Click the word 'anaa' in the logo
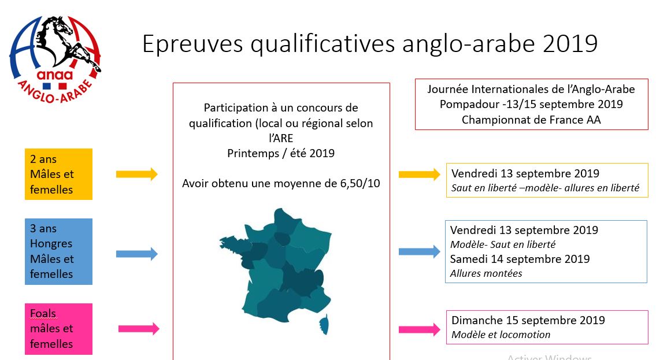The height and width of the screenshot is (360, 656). [54, 75]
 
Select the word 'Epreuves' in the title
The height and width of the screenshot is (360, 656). [192, 44]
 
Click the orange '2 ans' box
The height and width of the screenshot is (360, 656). [58, 174]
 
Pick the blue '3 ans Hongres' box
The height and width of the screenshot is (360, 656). [58, 251]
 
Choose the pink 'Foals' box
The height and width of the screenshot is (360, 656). [58, 329]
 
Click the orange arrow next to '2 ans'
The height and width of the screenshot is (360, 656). [137, 174]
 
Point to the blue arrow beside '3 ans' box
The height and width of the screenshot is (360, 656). [137, 254]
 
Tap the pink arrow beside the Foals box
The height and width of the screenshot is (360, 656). [139, 329]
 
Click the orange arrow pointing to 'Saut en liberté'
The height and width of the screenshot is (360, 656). [419, 175]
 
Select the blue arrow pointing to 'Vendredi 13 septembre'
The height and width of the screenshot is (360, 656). [419, 251]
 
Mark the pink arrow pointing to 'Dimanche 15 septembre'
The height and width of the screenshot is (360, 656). [419, 329]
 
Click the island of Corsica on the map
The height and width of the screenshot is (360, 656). [324, 325]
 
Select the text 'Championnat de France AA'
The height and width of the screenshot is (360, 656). [531, 120]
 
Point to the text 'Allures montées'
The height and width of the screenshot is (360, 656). [486, 273]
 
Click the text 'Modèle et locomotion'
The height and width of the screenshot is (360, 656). [501, 335]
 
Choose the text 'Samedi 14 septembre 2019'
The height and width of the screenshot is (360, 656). [520, 259]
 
